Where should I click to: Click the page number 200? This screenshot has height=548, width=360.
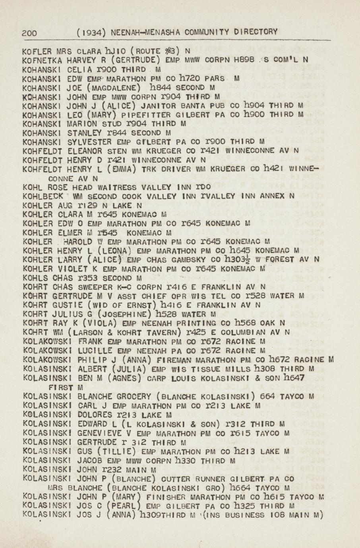30,33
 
